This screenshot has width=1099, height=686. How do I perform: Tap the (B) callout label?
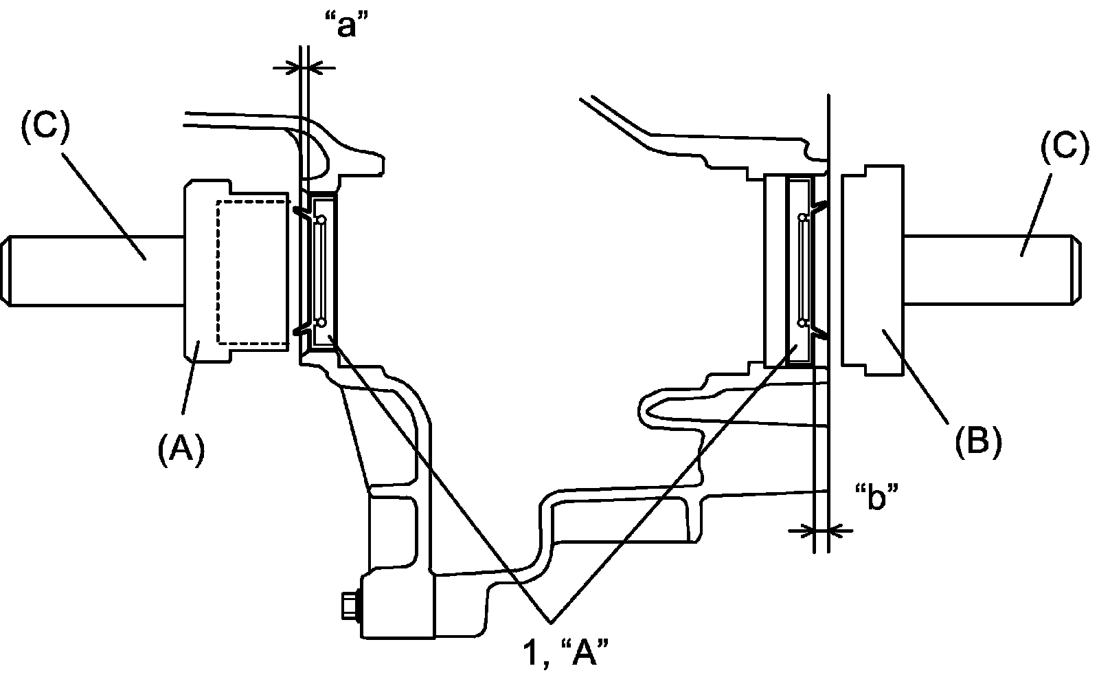point(977,440)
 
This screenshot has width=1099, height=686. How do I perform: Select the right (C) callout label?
point(1064,148)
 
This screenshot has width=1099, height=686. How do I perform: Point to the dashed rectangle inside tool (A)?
point(251,272)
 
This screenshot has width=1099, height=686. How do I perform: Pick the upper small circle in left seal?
point(321,219)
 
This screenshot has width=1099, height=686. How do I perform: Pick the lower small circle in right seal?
point(802,321)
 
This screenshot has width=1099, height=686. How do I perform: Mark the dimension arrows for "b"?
point(822,530)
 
